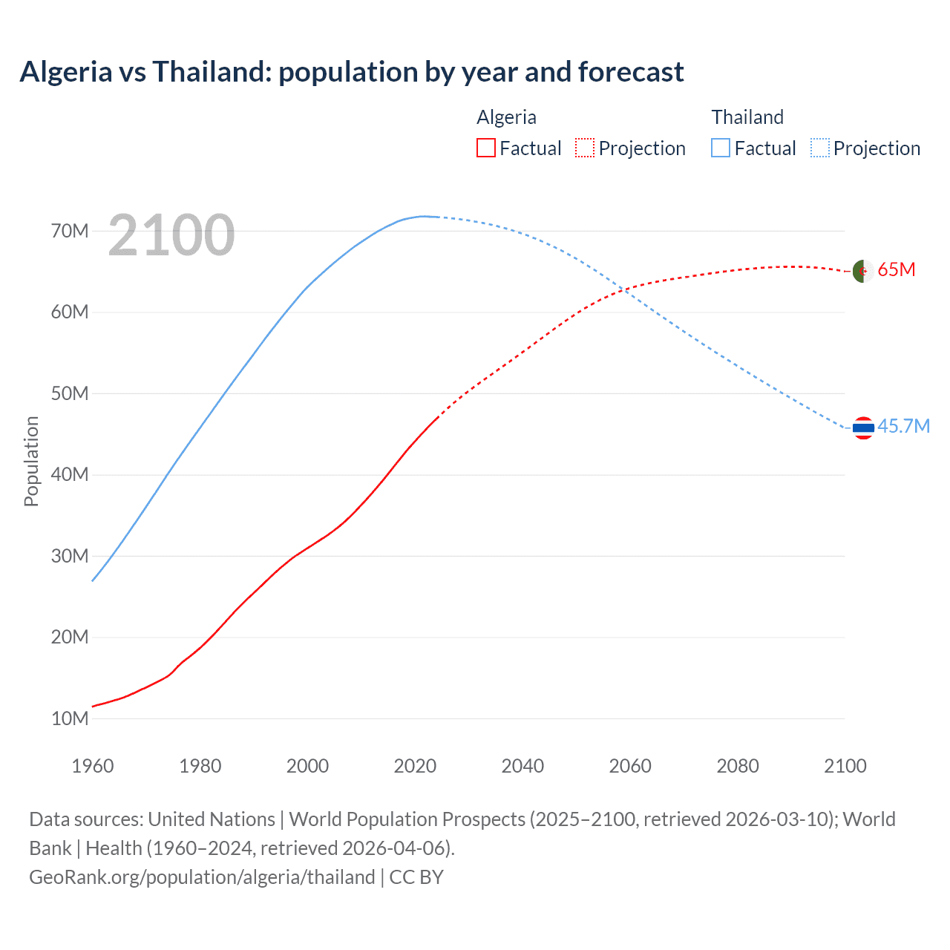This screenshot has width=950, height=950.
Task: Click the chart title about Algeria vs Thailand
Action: click(x=352, y=72)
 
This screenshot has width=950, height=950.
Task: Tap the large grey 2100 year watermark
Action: click(x=171, y=235)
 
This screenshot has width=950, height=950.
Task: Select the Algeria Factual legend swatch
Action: click(x=485, y=148)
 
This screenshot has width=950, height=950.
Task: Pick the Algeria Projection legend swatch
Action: click(x=585, y=148)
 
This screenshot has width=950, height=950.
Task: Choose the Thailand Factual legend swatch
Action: click(x=721, y=148)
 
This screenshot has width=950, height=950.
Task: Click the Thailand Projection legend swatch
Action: click(x=820, y=148)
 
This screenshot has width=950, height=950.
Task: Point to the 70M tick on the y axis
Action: click(x=70, y=231)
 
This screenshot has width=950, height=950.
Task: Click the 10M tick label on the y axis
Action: click(x=70, y=718)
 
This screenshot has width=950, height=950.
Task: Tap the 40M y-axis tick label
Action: click(x=70, y=474)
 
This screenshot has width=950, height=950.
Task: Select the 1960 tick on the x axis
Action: click(x=93, y=766)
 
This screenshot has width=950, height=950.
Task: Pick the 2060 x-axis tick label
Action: click(x=630, y=766)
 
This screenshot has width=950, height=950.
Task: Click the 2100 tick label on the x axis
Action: click(x=845, y=766)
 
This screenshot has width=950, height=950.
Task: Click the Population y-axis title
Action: click(x=31, y=461)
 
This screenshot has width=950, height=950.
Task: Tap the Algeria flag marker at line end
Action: click(x=862, y=271)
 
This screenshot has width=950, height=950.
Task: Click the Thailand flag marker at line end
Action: click(x=862, y=427)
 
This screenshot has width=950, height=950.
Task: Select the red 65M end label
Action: click(x=896, y=269)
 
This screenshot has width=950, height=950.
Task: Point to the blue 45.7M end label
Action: click(x=903, y=426)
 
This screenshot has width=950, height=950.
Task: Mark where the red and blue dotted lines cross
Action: click(x=626, y=290)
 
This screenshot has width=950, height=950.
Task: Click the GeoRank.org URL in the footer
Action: click(x=202, y=877)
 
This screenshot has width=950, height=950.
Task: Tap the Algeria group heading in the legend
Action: click(x=506, y=117)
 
